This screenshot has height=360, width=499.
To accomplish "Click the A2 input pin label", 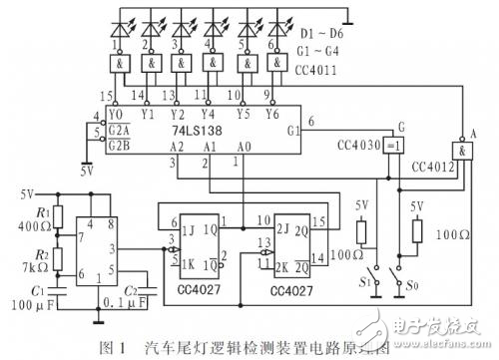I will point(176,146).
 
